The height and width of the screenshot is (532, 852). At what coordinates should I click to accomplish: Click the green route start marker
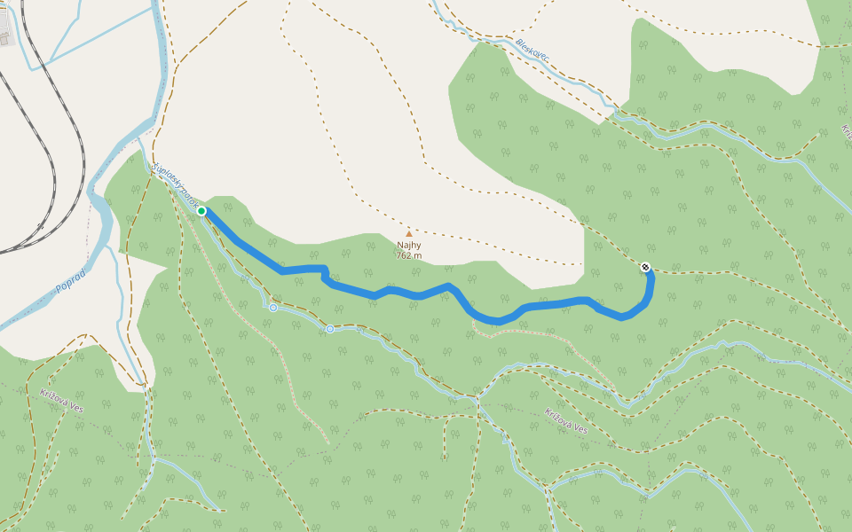[x=201, y=211]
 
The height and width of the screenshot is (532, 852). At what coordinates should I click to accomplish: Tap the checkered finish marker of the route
[x=645, y=267]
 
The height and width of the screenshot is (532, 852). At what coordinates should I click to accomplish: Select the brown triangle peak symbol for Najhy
[x=409, y=234]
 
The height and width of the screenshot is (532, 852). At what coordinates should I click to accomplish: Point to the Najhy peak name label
[x=409, y=246]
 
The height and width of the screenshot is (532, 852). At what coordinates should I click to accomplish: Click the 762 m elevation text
[x=409, y=256]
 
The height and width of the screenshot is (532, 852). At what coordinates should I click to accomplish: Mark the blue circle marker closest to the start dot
[x=273, y=308]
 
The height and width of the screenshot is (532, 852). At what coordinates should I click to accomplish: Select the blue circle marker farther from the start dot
[x=330, y=329]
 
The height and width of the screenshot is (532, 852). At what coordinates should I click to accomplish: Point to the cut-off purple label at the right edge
[x=846, y=131]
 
